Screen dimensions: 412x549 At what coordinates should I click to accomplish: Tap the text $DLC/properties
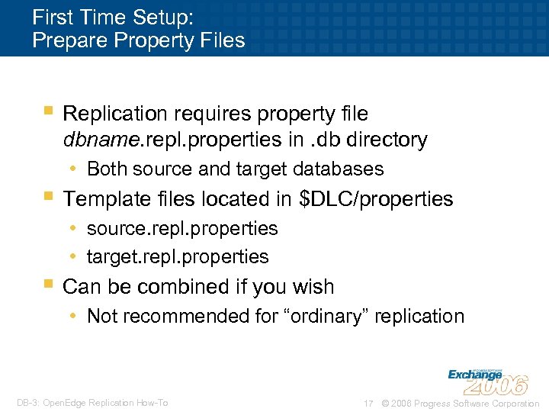point(377,199)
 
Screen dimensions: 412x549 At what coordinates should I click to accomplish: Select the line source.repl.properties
point(182,228)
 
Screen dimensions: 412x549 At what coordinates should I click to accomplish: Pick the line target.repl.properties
point(178,257)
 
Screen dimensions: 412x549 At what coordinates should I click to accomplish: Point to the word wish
point(312,287)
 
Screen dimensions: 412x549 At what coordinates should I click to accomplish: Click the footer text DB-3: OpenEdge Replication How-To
point(91,403)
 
